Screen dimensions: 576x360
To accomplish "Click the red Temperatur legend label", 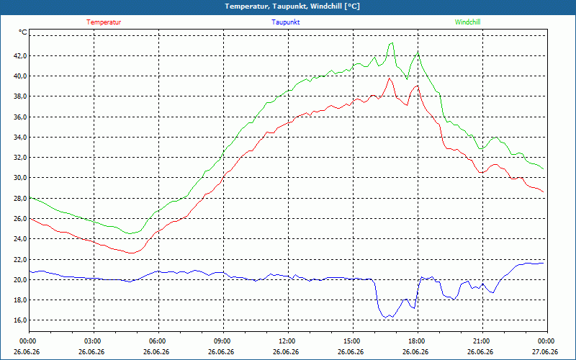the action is (104, 22).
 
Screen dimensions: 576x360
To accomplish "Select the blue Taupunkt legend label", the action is (285, 22).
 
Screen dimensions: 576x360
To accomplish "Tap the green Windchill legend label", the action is (467, 22).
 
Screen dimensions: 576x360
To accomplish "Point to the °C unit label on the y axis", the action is (23, 32).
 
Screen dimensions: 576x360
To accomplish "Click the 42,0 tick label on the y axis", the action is (21, 56).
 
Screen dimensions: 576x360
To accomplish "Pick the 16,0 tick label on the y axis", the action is (21, 320).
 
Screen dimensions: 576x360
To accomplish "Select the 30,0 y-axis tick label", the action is (21, 178).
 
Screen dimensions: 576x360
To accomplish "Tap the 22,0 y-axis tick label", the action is (21, 259).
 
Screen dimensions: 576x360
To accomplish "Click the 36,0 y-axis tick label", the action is (21, 117).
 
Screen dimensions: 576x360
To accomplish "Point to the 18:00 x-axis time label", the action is (418, 341).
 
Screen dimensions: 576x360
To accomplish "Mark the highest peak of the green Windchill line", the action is (392, 43).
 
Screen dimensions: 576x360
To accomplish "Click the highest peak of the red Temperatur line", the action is (389, 78).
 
